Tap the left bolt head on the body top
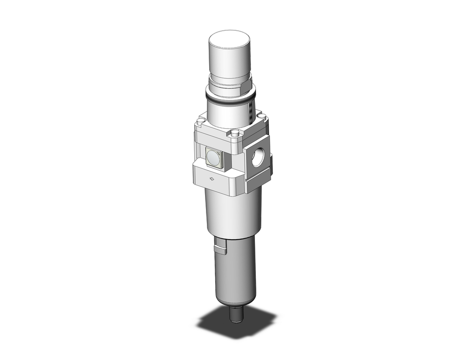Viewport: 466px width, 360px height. (200, 123)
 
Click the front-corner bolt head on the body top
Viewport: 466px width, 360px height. (234, 134)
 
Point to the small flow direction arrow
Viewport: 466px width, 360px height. (212, 178)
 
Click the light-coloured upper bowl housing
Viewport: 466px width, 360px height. (231, 212)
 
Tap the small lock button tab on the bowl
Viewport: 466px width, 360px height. (220, 246)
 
